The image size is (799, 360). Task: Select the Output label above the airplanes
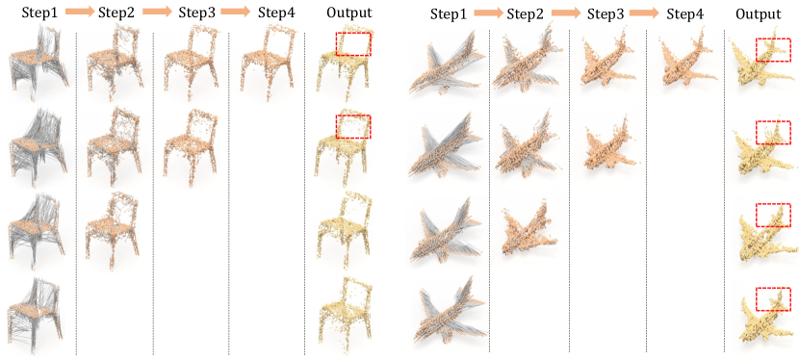click(x=759, y=13)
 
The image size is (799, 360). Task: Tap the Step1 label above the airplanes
click(x=449, y=13)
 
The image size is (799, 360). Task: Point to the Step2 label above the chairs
click(x=116, y=13)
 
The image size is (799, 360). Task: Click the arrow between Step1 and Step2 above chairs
click(x=77, y=13)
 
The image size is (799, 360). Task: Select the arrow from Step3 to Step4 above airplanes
click(x=645, y=13)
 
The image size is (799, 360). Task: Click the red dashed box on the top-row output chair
click(x=353, y=44)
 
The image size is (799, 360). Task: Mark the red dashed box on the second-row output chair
click(x=353, y=127)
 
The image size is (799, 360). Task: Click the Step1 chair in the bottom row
click(x=36, y=315)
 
